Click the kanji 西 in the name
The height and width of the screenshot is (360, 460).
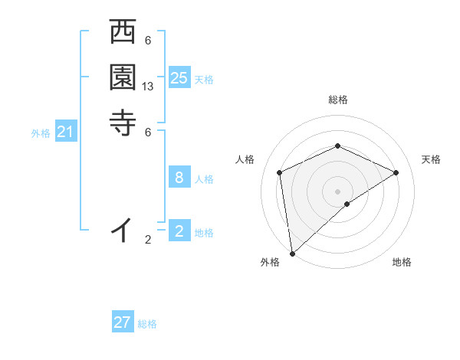(x=123, y=34)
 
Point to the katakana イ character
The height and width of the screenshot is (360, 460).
(x=123, y=229)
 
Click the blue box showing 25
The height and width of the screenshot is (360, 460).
(x=179, y=78)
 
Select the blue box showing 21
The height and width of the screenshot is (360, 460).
(x=66, y=133)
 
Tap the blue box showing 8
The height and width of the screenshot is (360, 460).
(x=179, y=178)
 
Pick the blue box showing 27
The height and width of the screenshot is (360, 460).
(x=123, y=322)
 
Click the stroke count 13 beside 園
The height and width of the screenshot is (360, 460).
(x=148, y=87)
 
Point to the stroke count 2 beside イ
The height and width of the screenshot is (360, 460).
(x=148, y=240)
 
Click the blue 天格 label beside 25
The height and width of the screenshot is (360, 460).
(x=204, y=80)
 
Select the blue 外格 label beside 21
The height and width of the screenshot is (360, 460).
(x=41, y=133)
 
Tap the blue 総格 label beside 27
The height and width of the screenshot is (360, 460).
(x=147, y=324)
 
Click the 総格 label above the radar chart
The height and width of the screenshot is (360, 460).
(x=337, y=100)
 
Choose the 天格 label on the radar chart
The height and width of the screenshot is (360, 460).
(x=431, y=159)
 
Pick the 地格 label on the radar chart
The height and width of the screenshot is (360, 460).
(x=402, y=262)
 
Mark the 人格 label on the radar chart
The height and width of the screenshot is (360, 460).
(x=245, y=159)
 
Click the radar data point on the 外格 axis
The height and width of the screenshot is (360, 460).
(x=292, y=253)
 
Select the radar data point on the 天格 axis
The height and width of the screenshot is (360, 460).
(x=396, y=172)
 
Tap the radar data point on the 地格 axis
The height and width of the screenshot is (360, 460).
(x=347, y=204)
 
